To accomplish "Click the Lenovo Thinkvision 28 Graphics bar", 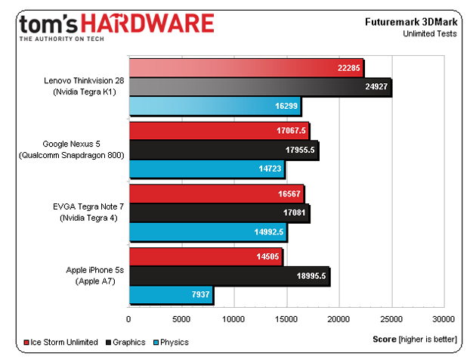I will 260,87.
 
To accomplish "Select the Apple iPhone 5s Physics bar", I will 171,293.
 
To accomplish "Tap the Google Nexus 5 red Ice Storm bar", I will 219,130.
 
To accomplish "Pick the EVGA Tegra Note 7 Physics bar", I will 208,231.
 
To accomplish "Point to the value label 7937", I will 198,293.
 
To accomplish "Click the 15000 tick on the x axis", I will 286,318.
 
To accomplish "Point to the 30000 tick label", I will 443,318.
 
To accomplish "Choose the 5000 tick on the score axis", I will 181,318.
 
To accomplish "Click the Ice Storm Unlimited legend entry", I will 64,342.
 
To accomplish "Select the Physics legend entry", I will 175,342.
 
